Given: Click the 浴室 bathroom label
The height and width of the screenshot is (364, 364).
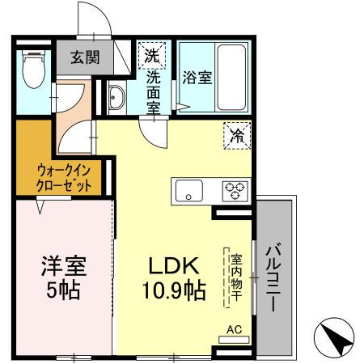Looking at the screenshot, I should pos(197,78).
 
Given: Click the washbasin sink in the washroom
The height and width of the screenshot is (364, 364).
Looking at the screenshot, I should pos(115,98).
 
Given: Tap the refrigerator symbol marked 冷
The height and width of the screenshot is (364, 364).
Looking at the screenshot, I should pos(236,134).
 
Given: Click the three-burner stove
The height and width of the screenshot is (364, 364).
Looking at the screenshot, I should pos(235,192).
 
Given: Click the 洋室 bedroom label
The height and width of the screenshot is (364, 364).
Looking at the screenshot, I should pos(64,265).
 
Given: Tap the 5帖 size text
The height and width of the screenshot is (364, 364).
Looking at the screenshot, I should pos(64,289).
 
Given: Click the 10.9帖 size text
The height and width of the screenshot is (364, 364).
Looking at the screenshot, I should pos(174,289).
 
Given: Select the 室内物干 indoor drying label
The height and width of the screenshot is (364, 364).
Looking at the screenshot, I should pos(236,276).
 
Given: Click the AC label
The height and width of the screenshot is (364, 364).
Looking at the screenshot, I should pos(234,330).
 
